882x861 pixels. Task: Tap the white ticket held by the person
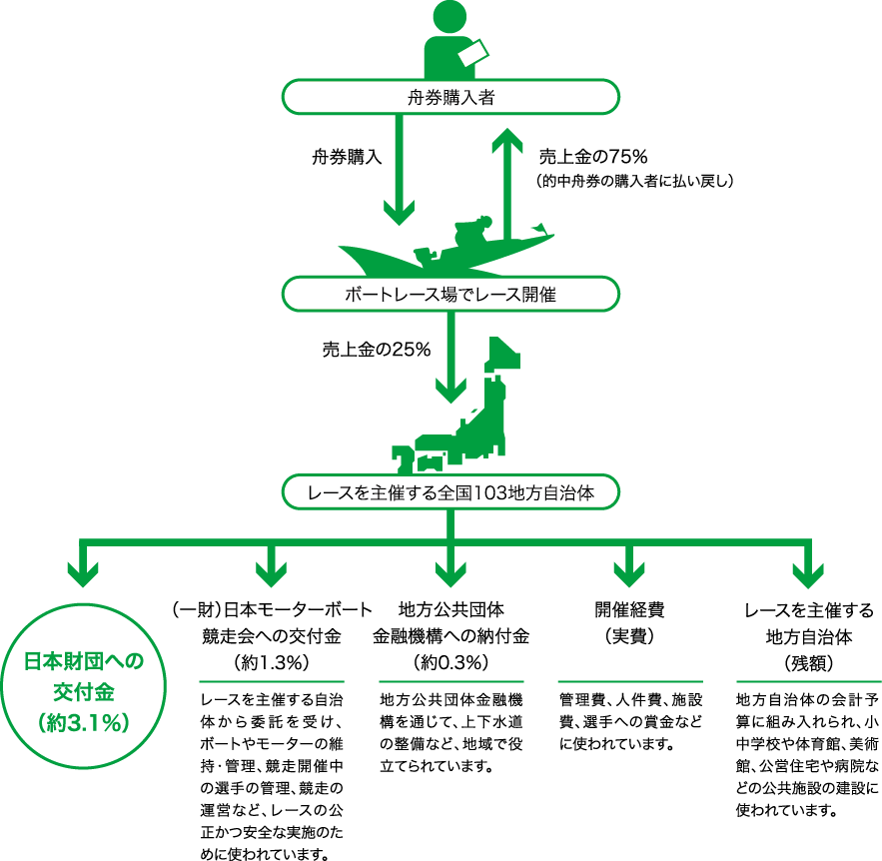471,51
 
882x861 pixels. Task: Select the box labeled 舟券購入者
450,98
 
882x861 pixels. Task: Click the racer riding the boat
469,236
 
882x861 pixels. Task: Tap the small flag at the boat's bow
540,229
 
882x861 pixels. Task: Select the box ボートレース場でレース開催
450,295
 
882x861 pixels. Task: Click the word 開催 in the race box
539,295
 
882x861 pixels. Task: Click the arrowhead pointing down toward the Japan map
451,390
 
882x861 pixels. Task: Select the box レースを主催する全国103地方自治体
450,492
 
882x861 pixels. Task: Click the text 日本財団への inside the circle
84,662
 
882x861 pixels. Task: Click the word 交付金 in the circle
84,692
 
